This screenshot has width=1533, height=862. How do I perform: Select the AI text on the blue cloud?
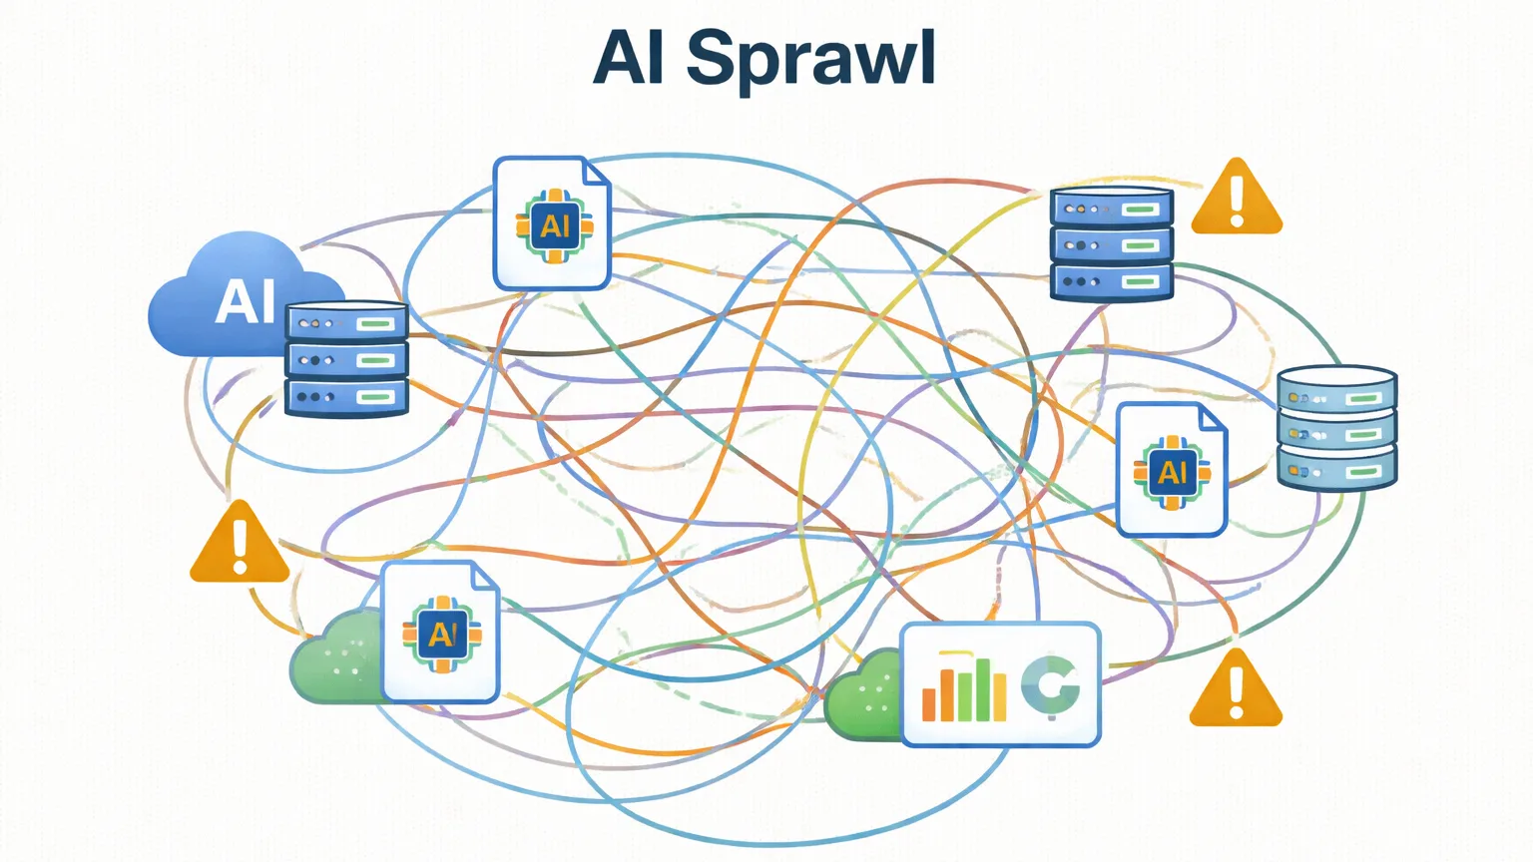(x=245, y=301)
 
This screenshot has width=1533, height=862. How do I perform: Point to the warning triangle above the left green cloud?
(x=240, y=545)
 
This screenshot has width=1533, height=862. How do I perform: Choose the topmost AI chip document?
(x=552, y=223)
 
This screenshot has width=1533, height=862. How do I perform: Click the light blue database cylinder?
(x=1336, y=428)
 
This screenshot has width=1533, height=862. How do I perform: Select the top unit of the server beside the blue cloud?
(x=346, y=323)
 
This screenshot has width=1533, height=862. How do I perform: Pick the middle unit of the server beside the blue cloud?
(x=346, y=360)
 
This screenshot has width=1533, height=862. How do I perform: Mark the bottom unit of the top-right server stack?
(x=1111, y=281)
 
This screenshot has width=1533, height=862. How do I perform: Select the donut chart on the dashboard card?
(x=1050, y=687)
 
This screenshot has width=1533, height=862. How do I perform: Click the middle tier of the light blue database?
(x=1336, y=434)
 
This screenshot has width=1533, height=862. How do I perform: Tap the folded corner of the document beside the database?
(x=1212, y=417)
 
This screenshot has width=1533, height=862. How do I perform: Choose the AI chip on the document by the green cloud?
(x=441, y=633)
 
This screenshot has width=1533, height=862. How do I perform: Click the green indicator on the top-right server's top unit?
(x=1139, y=210)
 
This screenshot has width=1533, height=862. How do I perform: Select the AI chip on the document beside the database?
(x=1172, y=471)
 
